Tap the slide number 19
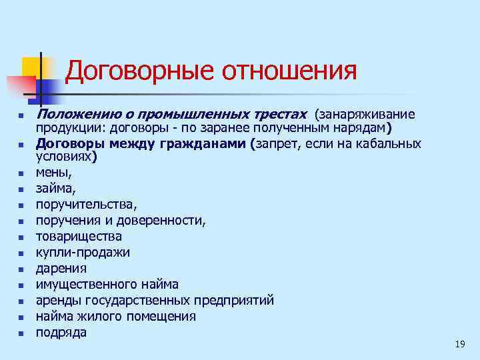click(459, 344)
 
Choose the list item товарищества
click(79, 237)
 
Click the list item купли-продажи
click(83, 253)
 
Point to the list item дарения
click(61, 269)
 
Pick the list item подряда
click(61, 333)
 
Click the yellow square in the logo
click(31, 66)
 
